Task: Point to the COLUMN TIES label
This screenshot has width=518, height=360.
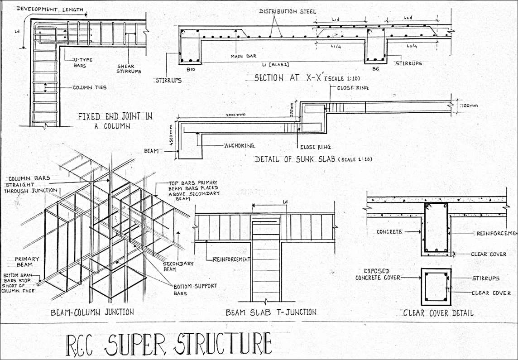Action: (x=90, y=87)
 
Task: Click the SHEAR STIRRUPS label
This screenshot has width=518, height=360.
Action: (x=129, y=68)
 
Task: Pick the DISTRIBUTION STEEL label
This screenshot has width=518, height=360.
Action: (x=288, y=11)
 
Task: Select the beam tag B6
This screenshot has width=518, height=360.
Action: (x=375, y=69)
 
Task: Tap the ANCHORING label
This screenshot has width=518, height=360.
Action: (x=240, y=146)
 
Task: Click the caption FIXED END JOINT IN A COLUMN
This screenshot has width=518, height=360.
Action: (x=115, y=121)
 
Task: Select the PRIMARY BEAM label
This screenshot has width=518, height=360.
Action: (x=28, y=262)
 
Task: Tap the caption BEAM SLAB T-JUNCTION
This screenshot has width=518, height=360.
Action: (x=271, y=312)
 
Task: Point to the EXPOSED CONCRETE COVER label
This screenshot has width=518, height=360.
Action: (x=378, y=274)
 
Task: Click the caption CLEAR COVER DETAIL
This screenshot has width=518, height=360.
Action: (x=438, y=312)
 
